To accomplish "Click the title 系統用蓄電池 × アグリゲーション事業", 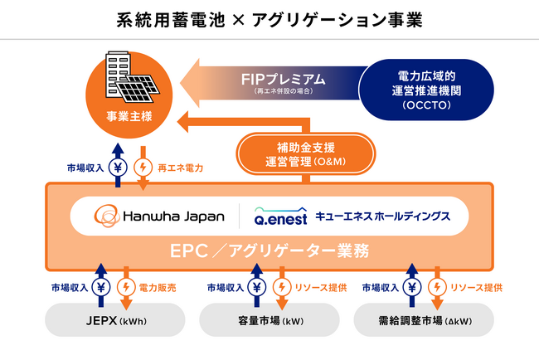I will click(x=269, y=19).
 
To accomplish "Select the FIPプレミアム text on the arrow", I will click(x=283, y=80).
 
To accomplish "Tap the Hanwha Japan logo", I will click(x=159, y=216).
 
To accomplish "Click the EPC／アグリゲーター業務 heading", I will click(x=269, y=250).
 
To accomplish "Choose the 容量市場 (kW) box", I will click(x=269, y=319).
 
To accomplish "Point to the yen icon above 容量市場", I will click(x=257, y=288).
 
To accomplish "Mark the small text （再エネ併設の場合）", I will click(x=283, y=90).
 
